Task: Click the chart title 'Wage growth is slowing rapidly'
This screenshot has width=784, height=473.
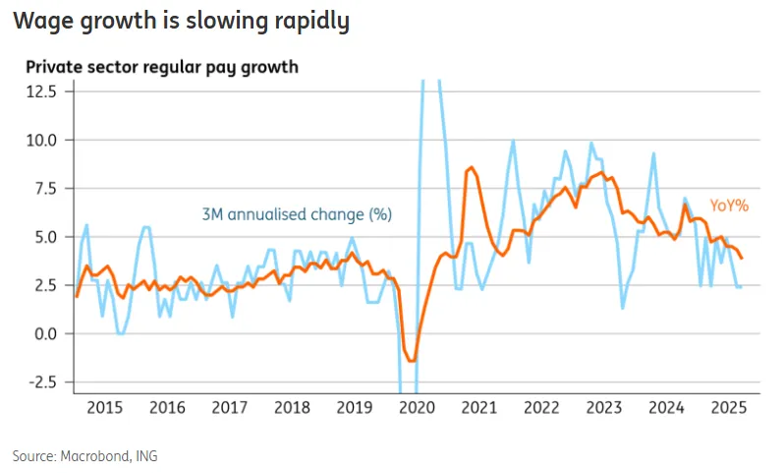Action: [181, 22]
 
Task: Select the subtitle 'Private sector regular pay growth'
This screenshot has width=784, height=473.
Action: [162, 68]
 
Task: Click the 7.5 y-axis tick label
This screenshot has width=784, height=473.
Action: [45, 188]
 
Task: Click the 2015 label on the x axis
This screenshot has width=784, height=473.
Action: [104, 407]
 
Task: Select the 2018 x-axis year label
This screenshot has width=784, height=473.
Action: [292, 407]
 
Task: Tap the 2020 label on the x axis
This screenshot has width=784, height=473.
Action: [417, 407]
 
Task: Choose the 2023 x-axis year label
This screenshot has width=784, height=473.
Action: [604, 407]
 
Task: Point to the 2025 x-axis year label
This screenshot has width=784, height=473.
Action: [729, 407]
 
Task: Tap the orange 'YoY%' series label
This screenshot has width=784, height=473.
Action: [729, 206]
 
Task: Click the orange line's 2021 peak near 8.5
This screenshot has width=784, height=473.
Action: [472, 168]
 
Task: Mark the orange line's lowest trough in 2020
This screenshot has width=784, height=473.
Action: [412, 361]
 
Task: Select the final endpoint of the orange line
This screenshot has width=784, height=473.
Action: [742, 258]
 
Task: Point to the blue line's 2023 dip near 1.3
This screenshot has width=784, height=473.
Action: [624, 308]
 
